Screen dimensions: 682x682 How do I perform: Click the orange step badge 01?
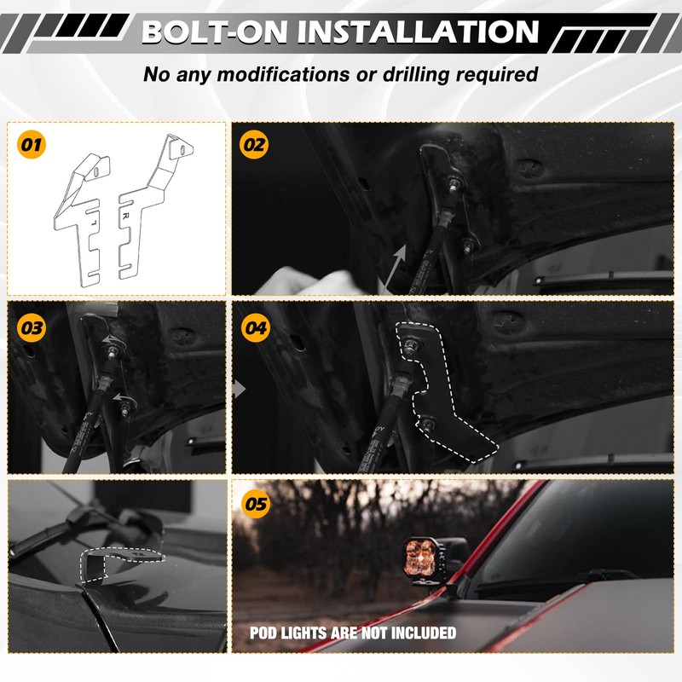pyautogui.click(x=32, y=144)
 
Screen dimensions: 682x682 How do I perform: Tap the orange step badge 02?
pyautogui.click(x=254, y=144)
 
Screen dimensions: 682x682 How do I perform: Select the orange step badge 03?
pyautogui.click(x=32, y=327)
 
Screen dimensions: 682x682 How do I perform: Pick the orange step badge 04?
pyautogui.click(x=256, y=327)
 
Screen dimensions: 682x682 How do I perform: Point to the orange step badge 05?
pyautogui.click(x=256, y=504)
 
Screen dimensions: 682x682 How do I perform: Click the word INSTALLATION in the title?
pyautogui.click(x=418, y=32)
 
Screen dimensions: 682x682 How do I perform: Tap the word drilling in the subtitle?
pyautogui.click(x=416, y=75)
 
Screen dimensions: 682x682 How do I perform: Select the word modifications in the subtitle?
pyautogui.click(x=283, y=74)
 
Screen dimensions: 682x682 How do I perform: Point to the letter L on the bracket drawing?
pyautogui.click(x=94, y=223)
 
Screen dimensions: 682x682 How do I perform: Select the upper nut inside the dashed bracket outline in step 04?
pyautogui.click(x=411, y=346)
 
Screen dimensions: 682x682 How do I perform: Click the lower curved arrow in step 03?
pyautogui.click(x=123, y=397)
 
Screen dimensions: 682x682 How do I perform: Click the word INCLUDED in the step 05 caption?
pyautogui.click(x=424, y=633)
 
